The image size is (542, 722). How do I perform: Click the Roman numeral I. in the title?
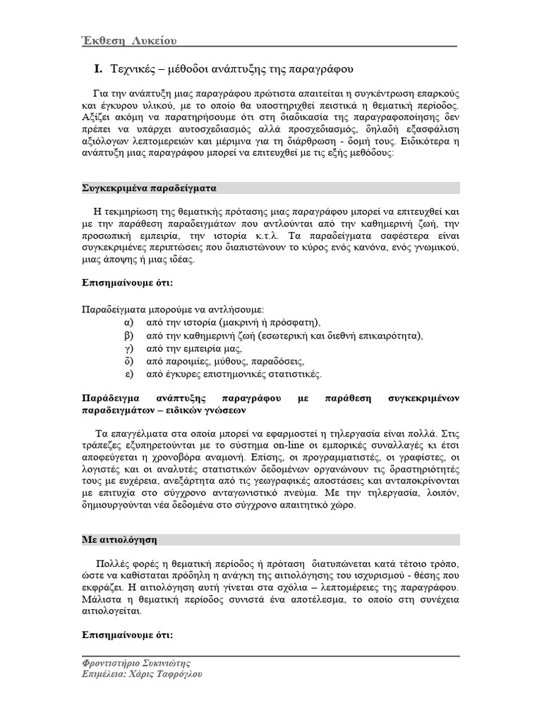(x=99, y=69)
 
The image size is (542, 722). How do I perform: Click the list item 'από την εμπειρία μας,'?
(x=194, y=348)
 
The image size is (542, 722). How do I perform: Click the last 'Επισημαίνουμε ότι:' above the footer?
(x=124, y=634)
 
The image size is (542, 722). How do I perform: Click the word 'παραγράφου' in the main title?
(x=319, y=69)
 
